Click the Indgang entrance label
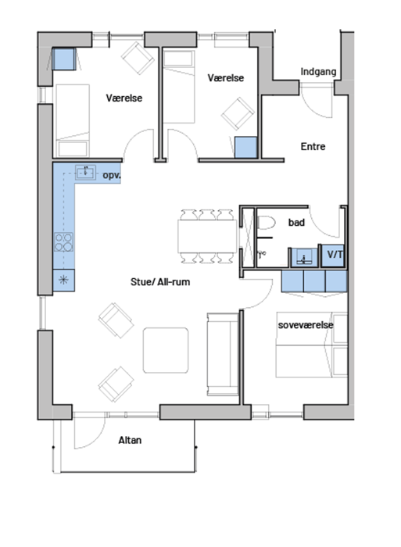pos(318,72)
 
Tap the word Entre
pos(313,147)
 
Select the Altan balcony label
pos(130,440)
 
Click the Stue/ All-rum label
pos(160,282)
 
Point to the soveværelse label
pos(306,325)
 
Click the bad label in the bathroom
pos(296,223)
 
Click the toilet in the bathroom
pos(267,223)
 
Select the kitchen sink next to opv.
pos(85,173)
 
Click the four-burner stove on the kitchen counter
pos(63,242)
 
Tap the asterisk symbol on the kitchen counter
pos(63,280)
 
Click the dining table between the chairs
pos(206,236)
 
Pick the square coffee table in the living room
pos(166,350)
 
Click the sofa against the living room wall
pos(223,355)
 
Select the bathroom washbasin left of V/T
pos(304,258)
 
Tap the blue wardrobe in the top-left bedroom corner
pos(64,59)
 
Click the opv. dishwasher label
pos(112,176)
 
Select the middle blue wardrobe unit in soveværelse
pos(314,281)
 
